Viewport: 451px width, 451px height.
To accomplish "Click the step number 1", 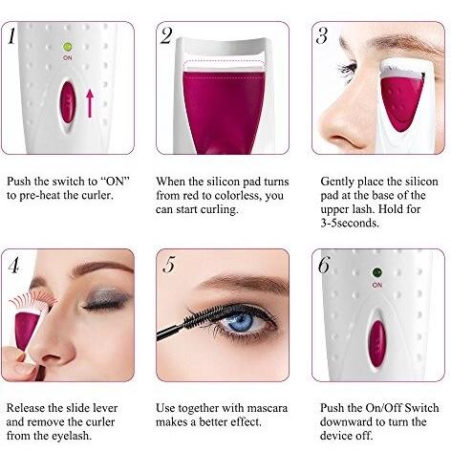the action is click(x=11, y=36).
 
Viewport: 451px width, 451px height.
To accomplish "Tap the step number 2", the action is click(x=166, y=35).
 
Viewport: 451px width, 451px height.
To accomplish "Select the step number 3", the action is click(x=322, y=35).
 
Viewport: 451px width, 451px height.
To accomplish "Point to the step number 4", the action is click(x=13, y=265).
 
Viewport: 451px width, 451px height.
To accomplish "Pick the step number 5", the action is click(x=169, y=265).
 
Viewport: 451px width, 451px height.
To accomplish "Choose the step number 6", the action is click(x=324, y=265).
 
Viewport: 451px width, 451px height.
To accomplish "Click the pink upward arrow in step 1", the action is click(x=90, y=103).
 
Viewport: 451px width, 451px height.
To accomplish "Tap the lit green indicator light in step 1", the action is click(x=67, y=47).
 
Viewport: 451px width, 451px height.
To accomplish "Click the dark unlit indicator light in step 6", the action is click(x=377, y=273).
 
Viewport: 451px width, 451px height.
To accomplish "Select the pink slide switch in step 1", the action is click(x=68, y=102).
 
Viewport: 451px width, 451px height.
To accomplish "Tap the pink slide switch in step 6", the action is click(x=377, y=344).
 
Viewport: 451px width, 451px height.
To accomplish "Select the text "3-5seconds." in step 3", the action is click(x=350, y=223).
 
